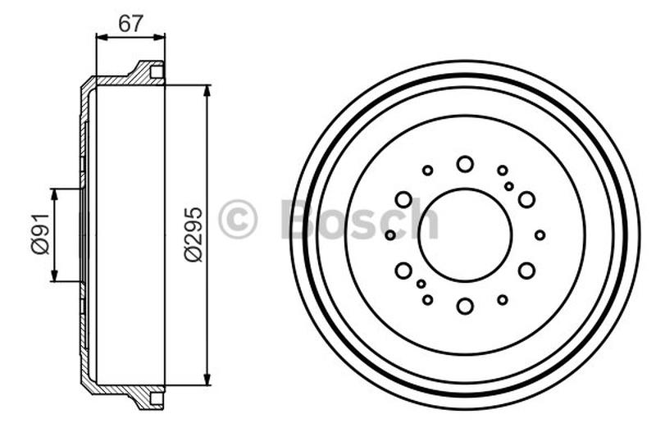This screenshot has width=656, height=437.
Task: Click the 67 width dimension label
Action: (x=130, y=24)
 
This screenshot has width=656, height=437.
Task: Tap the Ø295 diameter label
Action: (x=193, y=234)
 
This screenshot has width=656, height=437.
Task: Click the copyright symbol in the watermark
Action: (x=238, y=219)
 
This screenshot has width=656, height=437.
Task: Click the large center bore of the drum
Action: (x=464, y=234)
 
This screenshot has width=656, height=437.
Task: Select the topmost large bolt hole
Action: (x=465, y=164)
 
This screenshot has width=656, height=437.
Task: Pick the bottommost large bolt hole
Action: (x=465, y=306)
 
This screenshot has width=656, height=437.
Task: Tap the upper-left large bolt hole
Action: (x=403, y=199)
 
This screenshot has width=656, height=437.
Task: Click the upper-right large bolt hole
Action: (x=526, y=199)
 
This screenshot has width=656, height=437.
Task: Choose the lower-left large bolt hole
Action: (x=403, y=271)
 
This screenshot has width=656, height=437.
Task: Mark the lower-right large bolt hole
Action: (x=526, y=271)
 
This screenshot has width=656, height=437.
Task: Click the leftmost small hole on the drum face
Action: (x=390, y=235)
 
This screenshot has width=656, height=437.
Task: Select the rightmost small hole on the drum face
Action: (x=540, y=235)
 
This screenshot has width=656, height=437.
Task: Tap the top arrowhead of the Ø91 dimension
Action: (x=55, y=193)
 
